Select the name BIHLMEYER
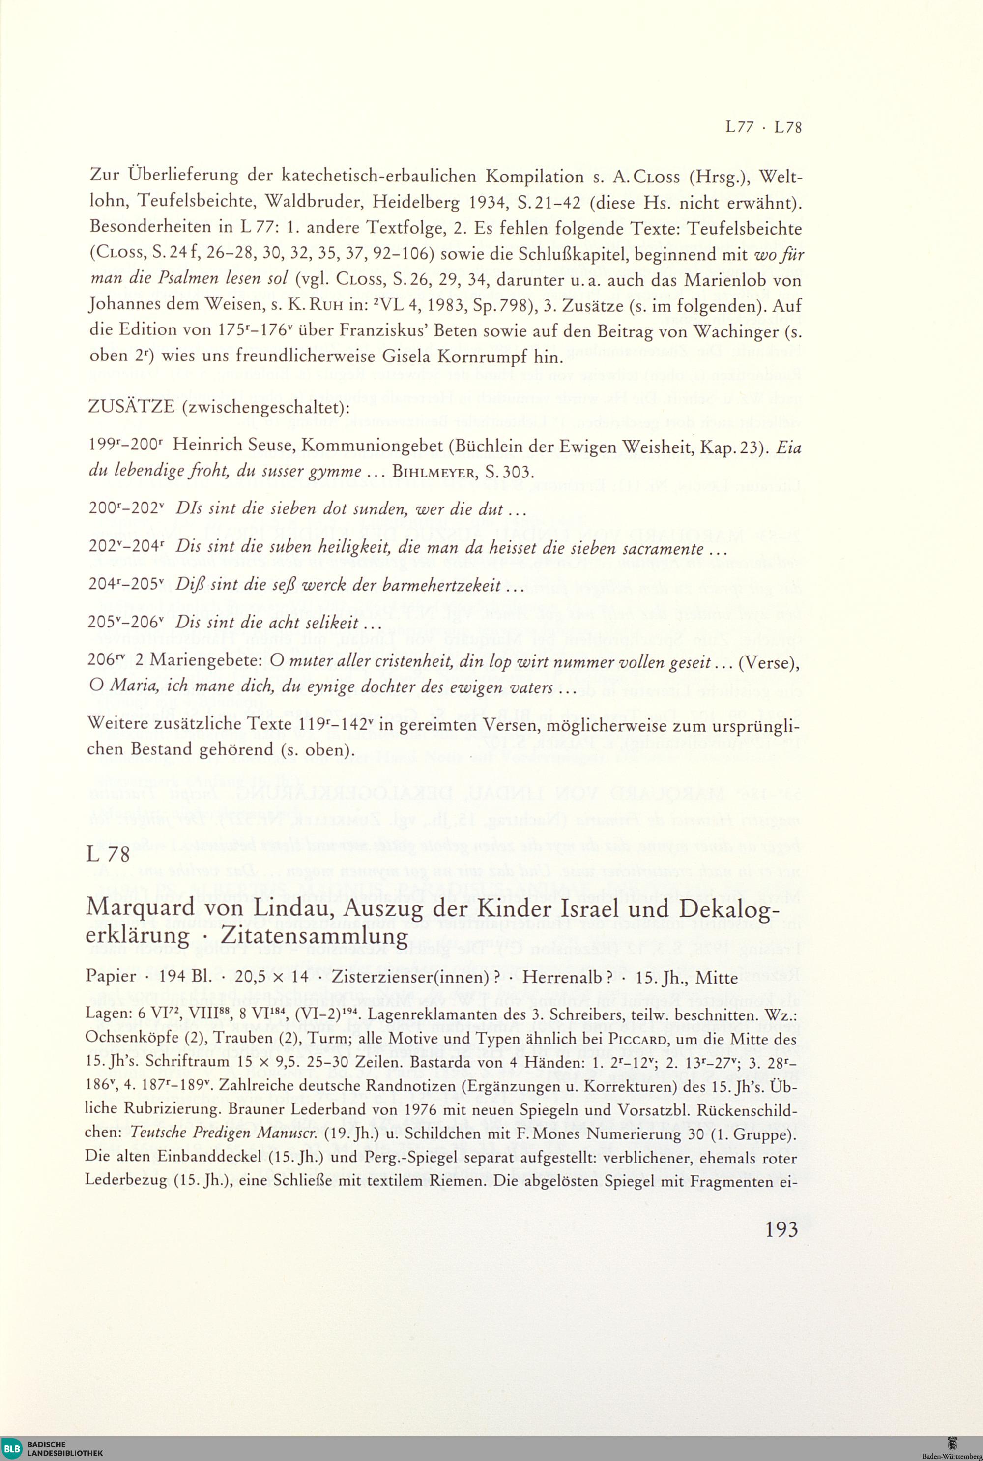433,472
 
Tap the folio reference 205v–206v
125,623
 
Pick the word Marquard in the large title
141,907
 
